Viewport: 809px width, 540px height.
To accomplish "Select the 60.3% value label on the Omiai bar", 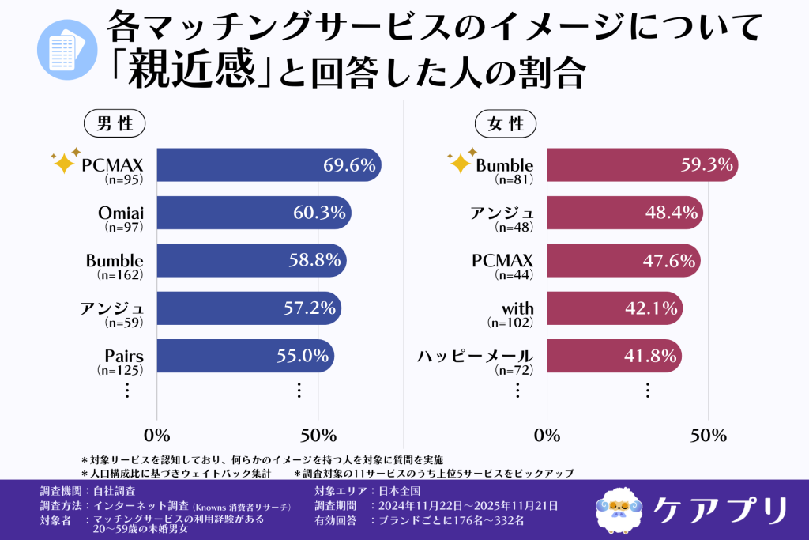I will [x=314, y=213].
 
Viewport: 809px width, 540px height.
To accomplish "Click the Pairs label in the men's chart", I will [x=123, y=356].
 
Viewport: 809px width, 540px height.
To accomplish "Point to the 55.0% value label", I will [x=303, y=356].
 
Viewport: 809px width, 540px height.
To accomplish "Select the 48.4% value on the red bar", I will [x=672, y=213].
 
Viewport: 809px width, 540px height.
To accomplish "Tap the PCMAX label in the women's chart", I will [x=503, y=260].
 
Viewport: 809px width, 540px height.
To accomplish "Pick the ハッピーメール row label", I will [x=476, y=356].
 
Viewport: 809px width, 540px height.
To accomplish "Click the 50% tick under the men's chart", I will [x=318, y=436].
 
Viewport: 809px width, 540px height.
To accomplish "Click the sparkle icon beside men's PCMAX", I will [x=66, y=161].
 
